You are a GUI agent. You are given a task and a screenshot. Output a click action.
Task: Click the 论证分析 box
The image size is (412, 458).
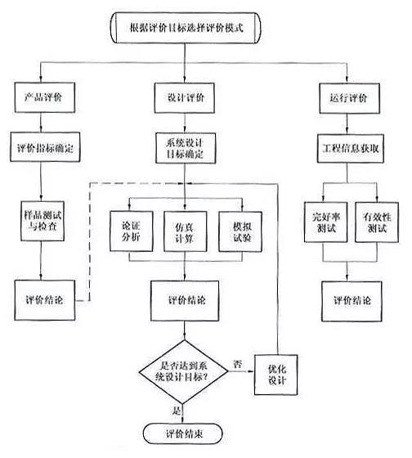tap(130, 227)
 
